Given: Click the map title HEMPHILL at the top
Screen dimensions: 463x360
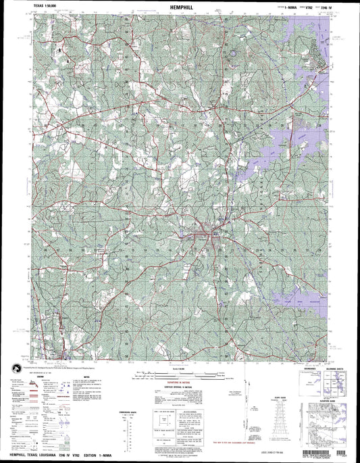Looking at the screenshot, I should pyautogui.click(x=180, y=6).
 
